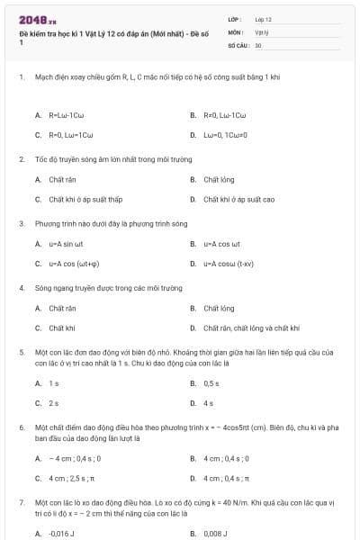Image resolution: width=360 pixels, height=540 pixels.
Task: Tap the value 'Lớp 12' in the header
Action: coord(263,19)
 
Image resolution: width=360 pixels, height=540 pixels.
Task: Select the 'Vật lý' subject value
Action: coord(262,31)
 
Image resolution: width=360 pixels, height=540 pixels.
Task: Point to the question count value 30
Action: coord(258,44)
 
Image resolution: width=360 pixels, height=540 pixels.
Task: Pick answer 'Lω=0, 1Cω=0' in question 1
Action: coord(224,135)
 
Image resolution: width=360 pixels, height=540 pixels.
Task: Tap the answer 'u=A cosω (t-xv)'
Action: coord(229,264)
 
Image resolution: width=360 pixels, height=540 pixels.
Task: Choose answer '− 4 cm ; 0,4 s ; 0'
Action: coord(75,458)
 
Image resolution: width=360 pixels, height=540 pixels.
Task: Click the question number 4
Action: coord(22,289)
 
